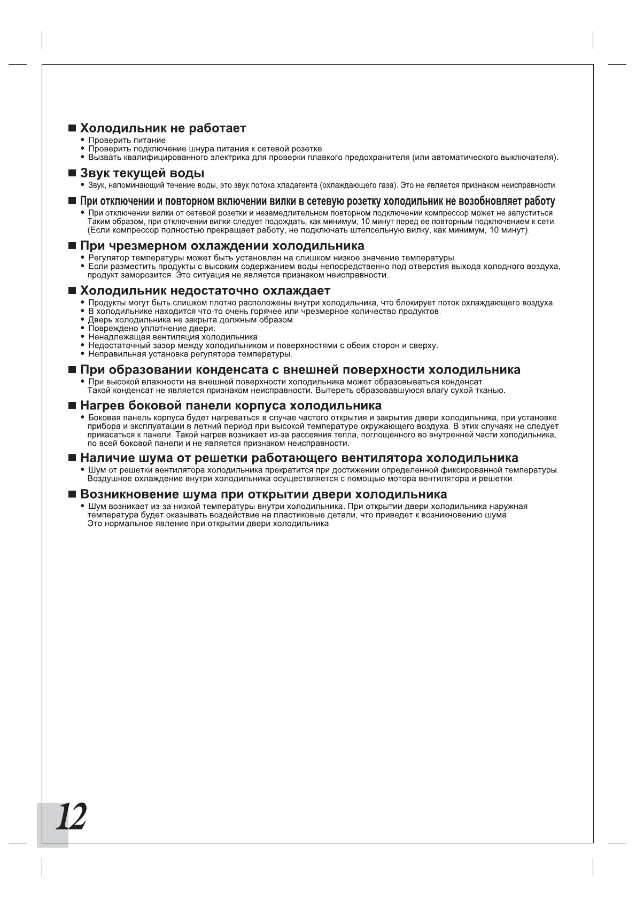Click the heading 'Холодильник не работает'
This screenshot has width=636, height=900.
pyautogui.click(x=163, y=128)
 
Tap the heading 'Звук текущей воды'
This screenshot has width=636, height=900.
pyautogui.click(x=142, y=174)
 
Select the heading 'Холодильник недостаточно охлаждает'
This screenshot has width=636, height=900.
pyautogui.click(x=205, y=291)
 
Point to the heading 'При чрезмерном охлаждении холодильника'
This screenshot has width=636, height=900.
pyautogui.click(x=222, y=246)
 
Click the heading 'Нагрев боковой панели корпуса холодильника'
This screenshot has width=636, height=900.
pyautogui.click(x=231, y=406)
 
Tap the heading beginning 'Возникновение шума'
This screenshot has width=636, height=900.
pyautogui.click(x=263, y=494)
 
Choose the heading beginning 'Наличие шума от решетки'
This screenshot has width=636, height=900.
pyautogui.click(x=299, y=459)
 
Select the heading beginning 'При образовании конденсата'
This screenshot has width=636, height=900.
pyautogui.click(x=300, y=370)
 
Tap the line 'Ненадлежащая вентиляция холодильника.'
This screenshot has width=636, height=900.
pyautogui.click(x=174, y=337)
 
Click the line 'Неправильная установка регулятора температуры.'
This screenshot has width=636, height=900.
pyautogui.click(x=190, y=354)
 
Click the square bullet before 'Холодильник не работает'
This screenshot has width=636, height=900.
pyautogui.click(x=72, y=129)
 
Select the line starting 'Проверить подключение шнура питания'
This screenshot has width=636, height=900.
pyautogui.click(x=206, y=149)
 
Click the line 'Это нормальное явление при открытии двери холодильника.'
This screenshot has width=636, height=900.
pyautogui.click(x=209, y=524)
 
